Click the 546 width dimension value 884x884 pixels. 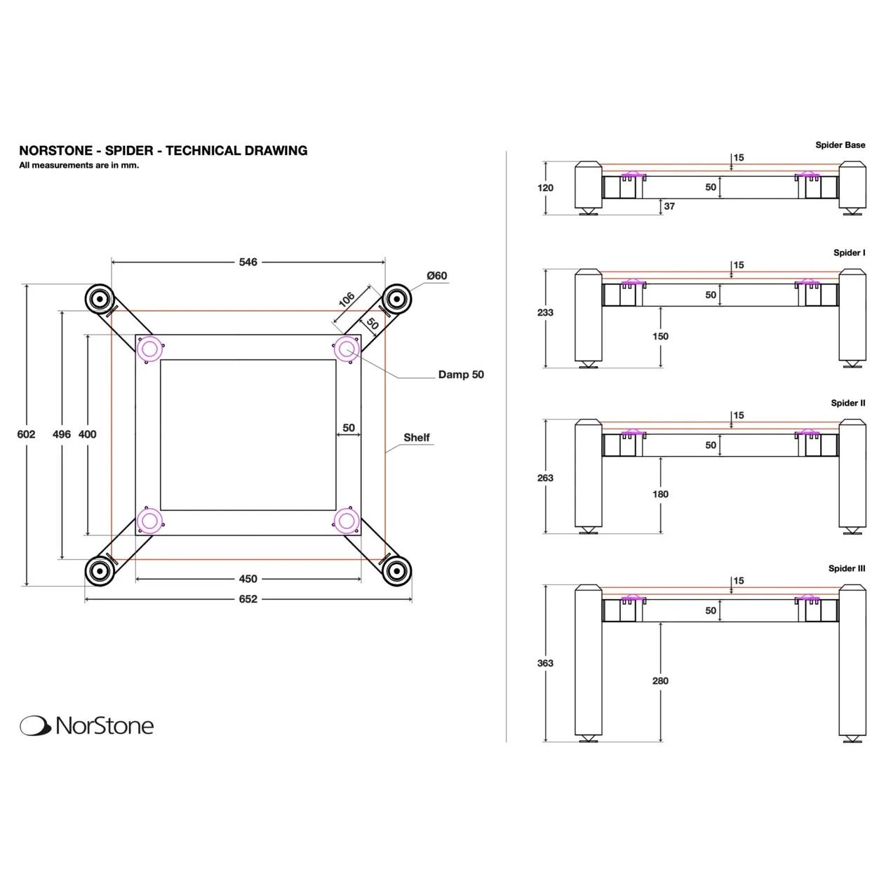click(248, 262)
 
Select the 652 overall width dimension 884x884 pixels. click(248, 598)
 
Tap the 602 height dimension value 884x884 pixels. click(26, 434)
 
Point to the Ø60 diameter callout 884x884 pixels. click(436, 276)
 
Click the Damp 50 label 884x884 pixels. click(461, 375)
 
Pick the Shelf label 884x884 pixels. click(417, 438)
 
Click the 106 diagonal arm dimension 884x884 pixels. click(347, 300)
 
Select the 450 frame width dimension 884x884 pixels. click(248, 579)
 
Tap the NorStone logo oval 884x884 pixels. click(35, 725)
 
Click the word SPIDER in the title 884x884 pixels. click(129, 150)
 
